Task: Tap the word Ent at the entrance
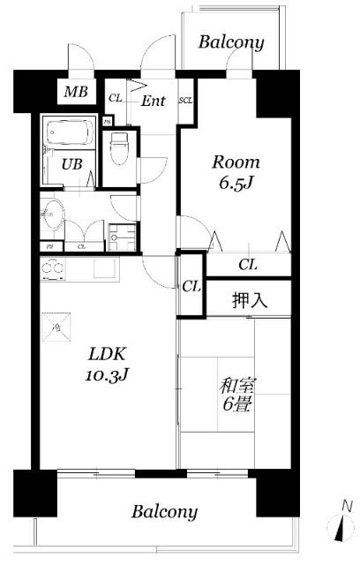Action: coord(154,101)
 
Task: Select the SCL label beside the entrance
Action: coord(185,100)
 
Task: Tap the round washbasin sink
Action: coord(53,214)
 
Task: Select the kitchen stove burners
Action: coord(52,267)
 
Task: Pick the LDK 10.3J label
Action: coord(108,363)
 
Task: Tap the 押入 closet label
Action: coord(248,299)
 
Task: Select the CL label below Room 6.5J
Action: coord(248,264)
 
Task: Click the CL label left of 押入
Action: coord(191,286)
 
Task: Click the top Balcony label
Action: coord(230,41)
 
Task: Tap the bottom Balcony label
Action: coord(165,511)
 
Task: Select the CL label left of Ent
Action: coord(115,98)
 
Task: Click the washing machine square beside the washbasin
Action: coord(118,235)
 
